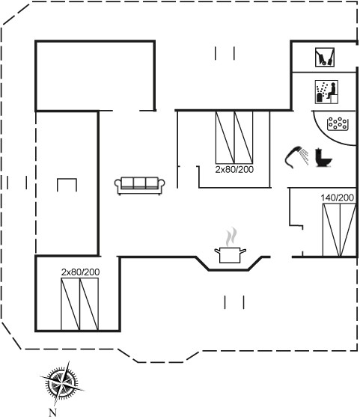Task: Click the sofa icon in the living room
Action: click(x=139, y=186)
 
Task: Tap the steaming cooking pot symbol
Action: click(x=230, y=246)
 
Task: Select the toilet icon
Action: click(x=323, y=158)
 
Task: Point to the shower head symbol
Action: click(x=296, y=157)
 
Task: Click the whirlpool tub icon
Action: click(x=338, y=124)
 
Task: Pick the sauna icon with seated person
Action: click(x=326, y=91)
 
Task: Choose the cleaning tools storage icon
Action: click(x=325, y=57)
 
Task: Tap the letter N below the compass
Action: click(x=53, y=412)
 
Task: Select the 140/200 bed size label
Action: click(x=338, y=198)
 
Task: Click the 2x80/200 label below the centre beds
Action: click(x=234, y=169)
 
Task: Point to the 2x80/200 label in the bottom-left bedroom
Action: click(x=80, y=272)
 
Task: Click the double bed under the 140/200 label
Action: click(x=340, y=230)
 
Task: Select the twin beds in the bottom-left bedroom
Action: click(x=79, y=304)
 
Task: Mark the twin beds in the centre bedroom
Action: click(x=234, y=138)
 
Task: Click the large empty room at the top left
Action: click(x=95, y=76)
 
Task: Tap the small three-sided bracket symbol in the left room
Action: click(x=67, y=179)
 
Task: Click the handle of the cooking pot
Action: click(x=242, y=251)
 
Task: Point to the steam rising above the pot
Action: click(x=231, y=236)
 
